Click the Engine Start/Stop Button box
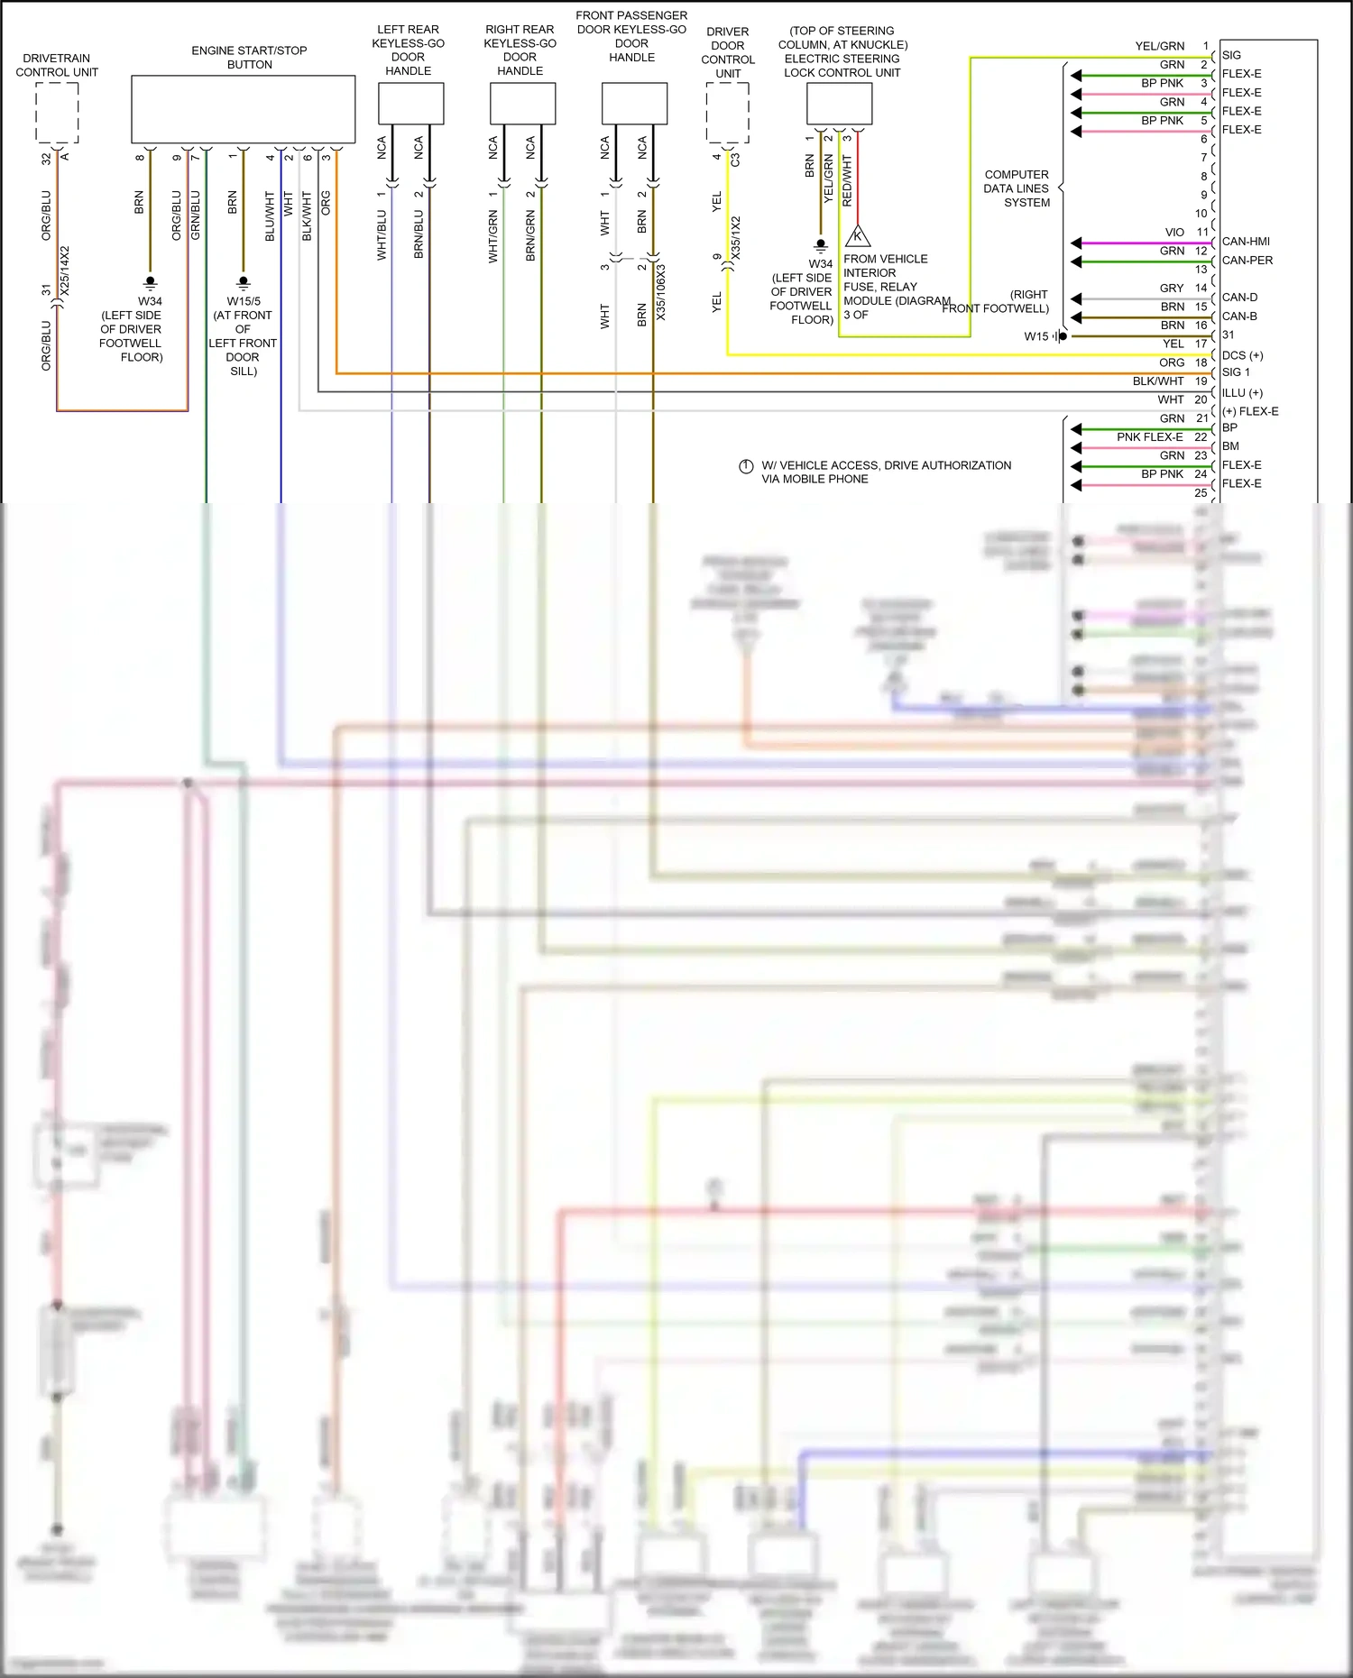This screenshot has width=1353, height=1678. (243, 109)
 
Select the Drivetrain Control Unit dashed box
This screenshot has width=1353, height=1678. (57, 112)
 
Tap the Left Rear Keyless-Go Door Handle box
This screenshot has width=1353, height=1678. (410, 104)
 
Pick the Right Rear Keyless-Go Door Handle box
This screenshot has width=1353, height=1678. (522, 104)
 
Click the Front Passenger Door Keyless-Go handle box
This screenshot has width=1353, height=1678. (634, 104)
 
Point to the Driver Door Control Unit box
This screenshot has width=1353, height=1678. (727, 112)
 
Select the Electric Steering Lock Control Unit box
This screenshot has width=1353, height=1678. (839, 104)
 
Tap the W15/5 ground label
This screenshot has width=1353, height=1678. (244, 301)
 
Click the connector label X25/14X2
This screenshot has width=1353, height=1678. (65, 270)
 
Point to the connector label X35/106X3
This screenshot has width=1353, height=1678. (661, 291)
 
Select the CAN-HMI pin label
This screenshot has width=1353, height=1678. (1246, 242)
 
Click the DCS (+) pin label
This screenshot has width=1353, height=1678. (1242, 355)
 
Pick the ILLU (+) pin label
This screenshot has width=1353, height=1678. (1242, 393)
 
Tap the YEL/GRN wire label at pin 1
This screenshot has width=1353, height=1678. (1159, 46)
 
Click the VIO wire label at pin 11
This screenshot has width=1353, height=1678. (1174, 233)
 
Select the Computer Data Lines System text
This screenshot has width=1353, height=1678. (1017, 188)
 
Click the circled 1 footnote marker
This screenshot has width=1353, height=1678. (746, 466)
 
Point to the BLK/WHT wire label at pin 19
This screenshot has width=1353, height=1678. (1157, 381)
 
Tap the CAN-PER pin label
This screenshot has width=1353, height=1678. (1247, 261)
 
